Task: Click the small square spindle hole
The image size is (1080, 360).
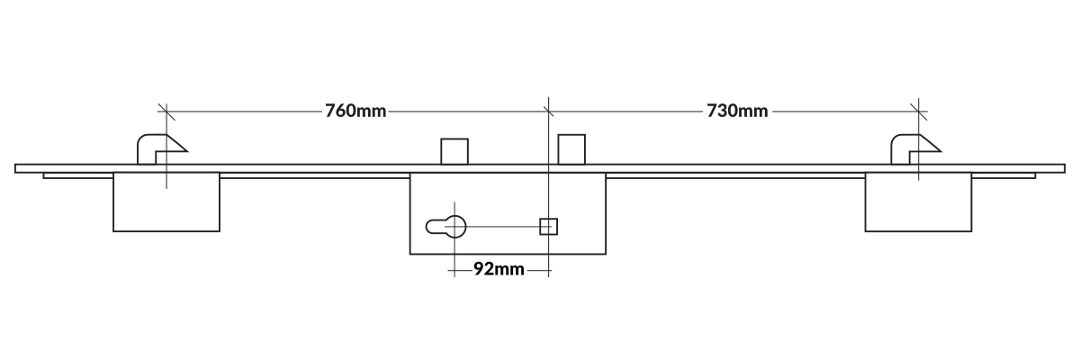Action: (x=548, y=226)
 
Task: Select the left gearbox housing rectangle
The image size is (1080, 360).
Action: (x=166, y=202)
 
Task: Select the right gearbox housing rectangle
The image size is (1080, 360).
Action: (x=919, y=202)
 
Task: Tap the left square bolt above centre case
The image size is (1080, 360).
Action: (x=454, y=151)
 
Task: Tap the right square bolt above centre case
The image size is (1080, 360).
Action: (x=571, y=149)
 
